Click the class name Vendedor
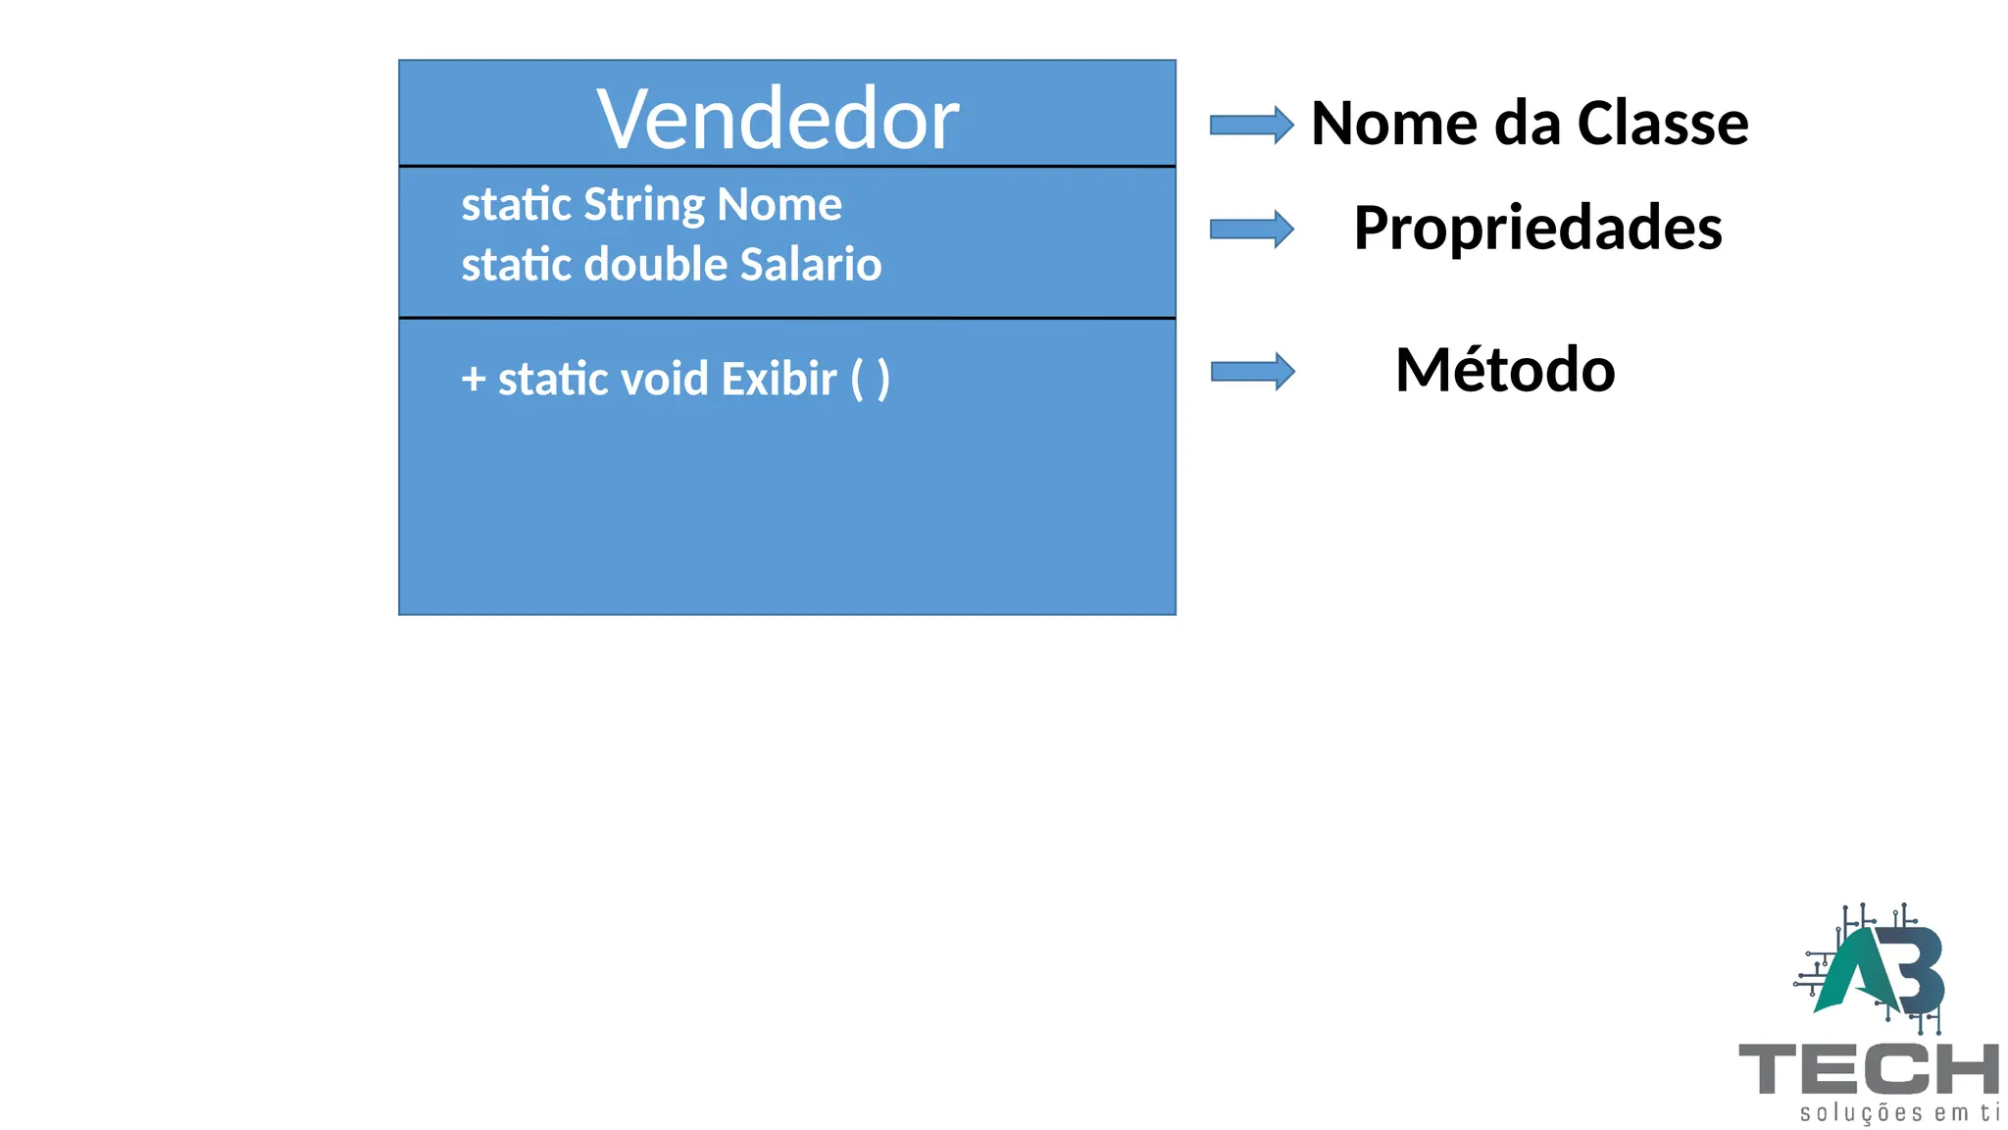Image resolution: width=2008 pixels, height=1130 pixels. (x=778, y=119)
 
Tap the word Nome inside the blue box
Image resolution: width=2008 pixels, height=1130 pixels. (x=779, y=204)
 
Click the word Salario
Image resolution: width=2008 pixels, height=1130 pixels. (x=811, y=264)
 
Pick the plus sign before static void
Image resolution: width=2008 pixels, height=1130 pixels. (x=474, y=379)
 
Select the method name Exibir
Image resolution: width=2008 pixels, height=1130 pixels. (x=778, y=379)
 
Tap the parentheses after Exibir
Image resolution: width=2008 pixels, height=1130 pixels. (x=870, y=379)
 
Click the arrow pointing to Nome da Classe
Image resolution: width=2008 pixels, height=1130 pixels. (x=1251, y=125)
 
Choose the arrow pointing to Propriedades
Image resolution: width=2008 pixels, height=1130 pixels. (x=1251, y=229)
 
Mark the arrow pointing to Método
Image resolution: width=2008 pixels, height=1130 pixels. (x=1252, y=371)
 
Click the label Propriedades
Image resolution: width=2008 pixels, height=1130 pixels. (x=1537, y=229)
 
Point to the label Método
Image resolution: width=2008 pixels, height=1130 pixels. (x=1505, y=370)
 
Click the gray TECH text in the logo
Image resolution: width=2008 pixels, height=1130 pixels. (x=1868, y=1068)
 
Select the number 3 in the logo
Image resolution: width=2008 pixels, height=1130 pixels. (x=1917, y=971)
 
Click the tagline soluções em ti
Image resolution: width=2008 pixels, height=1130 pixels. (x=1898, y=1112)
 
